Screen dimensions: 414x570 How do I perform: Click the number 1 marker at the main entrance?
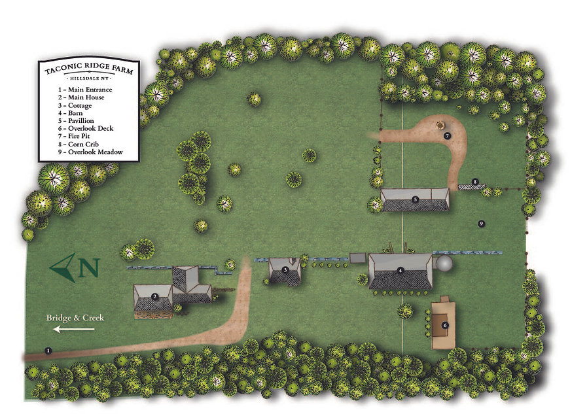(48, 351)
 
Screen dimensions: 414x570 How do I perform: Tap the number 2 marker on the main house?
(154, 296)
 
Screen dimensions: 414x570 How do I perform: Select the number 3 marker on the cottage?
(285, 269)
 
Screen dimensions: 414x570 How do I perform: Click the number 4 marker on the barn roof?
(401, 269)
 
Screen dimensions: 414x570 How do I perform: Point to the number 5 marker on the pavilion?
(415, 199)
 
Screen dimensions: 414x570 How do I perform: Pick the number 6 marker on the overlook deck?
(445, 324)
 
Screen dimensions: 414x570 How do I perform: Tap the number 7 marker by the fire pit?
(447, 136)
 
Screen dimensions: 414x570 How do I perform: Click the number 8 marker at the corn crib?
(475, 182)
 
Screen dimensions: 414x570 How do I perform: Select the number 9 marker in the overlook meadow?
(481, 224)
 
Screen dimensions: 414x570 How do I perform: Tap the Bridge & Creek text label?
(75, 318)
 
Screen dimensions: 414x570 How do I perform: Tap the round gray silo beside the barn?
(444, 264)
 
